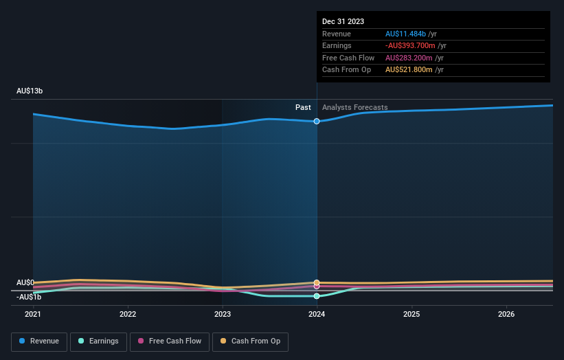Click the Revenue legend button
click(39, 341)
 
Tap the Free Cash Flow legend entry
click(170, 341)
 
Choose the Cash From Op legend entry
click(251, 341)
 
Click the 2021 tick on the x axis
click(33, 314)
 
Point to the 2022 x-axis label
click(128, 314)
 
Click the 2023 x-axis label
click(222, 314)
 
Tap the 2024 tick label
click(317, 314)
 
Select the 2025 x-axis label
click(411, 314)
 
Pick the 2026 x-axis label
click(506, 314)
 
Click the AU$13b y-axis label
click(30, 91)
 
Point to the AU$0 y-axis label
click(25, 282)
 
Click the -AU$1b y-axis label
click(29, 297)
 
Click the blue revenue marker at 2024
click(317, 121)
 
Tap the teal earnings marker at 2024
click(317, 296)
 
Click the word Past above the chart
click(303, 107)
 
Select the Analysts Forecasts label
click(354, 107)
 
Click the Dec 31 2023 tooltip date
click(343, 21)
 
